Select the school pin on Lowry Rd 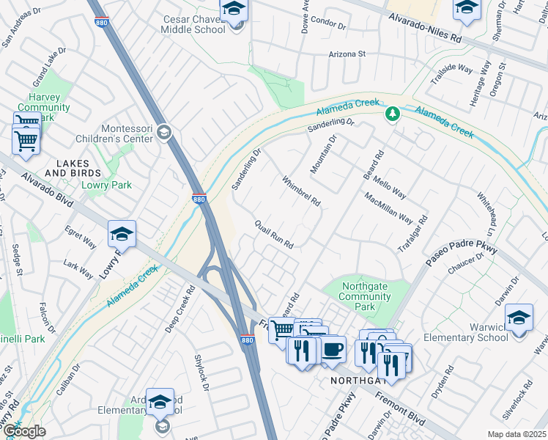(122, 234)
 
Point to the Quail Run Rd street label (274, 234)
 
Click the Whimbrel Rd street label (301, 190)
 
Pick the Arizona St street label (347, 54)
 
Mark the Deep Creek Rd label (180, 309)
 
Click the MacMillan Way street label (388, 208)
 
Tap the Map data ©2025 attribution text (516, 434)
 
